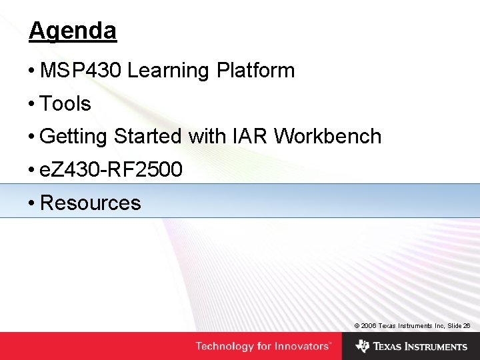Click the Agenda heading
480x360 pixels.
[73, 31]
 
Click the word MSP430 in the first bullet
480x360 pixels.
[81, 70]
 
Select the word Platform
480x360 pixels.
[255, 70]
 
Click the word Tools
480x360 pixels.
[65, 103]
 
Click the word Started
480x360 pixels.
[147, 137]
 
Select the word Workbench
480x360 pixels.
[327, 137]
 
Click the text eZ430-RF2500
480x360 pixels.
[111, 170]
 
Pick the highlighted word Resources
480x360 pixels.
[91, 203]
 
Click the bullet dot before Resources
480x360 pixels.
[32, 203]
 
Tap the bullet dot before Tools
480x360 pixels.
[32, 104]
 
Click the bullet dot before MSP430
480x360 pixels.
[32, 71]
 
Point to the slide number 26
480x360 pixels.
[467, 325]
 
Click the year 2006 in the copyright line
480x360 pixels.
[369, 325]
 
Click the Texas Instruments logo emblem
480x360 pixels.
[362, 346]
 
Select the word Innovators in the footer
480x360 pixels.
[305, 346]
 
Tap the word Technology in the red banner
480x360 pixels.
[225, 346]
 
